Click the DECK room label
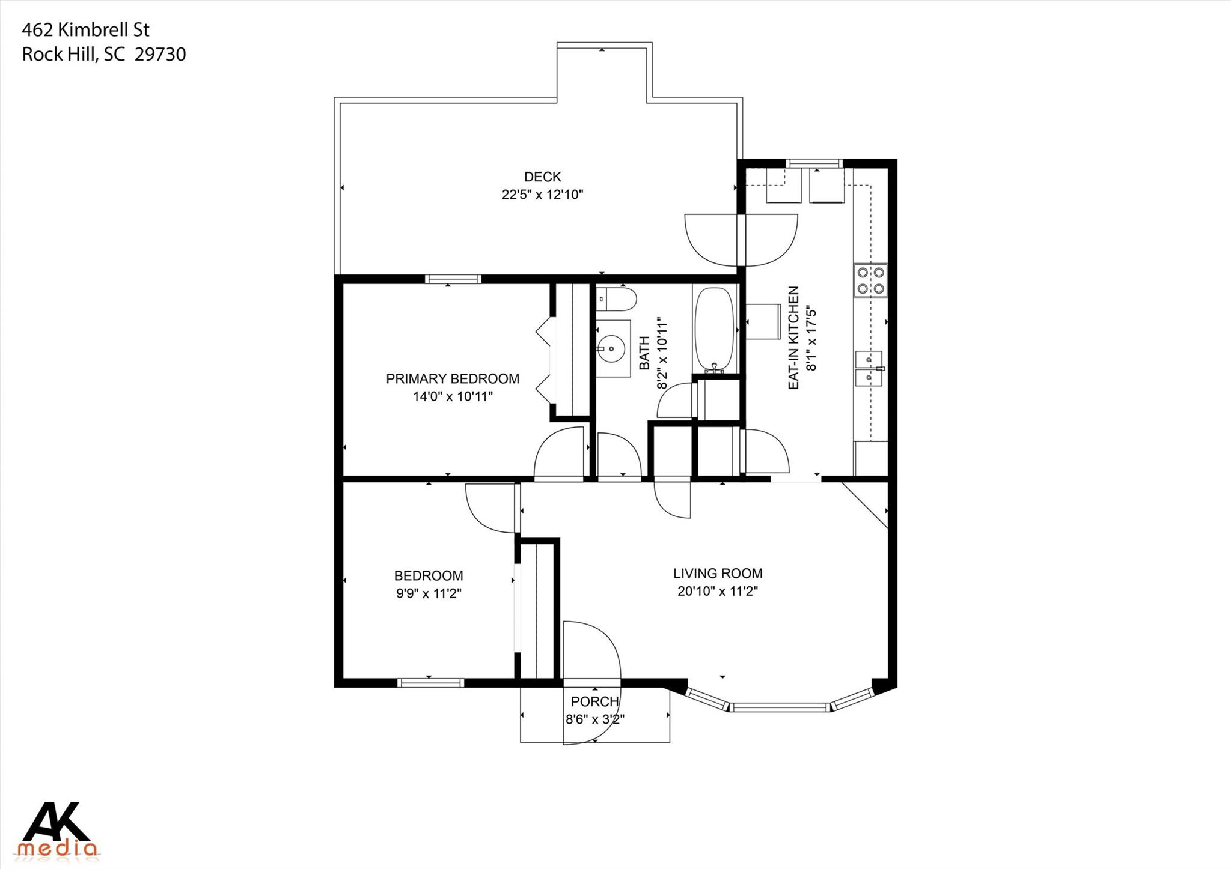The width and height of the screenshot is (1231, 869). click(x=542, y=177)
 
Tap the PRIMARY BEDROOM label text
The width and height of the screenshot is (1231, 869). click(x=452, y=379)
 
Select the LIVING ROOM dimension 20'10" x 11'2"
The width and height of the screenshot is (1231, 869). click(x=717, y=591)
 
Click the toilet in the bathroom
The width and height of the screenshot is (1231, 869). click(x=615, y=299)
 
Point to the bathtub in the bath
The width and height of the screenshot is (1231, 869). click(x=714, y=329)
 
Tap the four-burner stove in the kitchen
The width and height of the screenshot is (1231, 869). click(x=870, y=280)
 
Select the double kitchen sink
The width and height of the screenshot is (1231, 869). click(x=868, y=369)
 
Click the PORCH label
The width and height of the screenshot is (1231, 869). click(x=594, y=701)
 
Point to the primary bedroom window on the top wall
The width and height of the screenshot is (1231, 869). click(x=453, y=279)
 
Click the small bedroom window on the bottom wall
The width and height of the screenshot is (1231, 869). click(x=430, y=683)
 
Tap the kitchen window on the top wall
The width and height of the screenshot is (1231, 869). click(x=814, y=163)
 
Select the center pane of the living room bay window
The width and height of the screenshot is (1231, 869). click(x=780, y=707)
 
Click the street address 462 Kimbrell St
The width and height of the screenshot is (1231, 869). click(x=85, y=30)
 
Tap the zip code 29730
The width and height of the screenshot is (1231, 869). click(x=160, y=55)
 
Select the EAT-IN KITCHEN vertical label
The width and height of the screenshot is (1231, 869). click(x=793, y=338)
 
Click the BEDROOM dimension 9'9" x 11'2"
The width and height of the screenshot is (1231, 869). click(x=428, y=593)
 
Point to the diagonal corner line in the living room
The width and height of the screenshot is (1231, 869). click(x=864, y=505)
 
